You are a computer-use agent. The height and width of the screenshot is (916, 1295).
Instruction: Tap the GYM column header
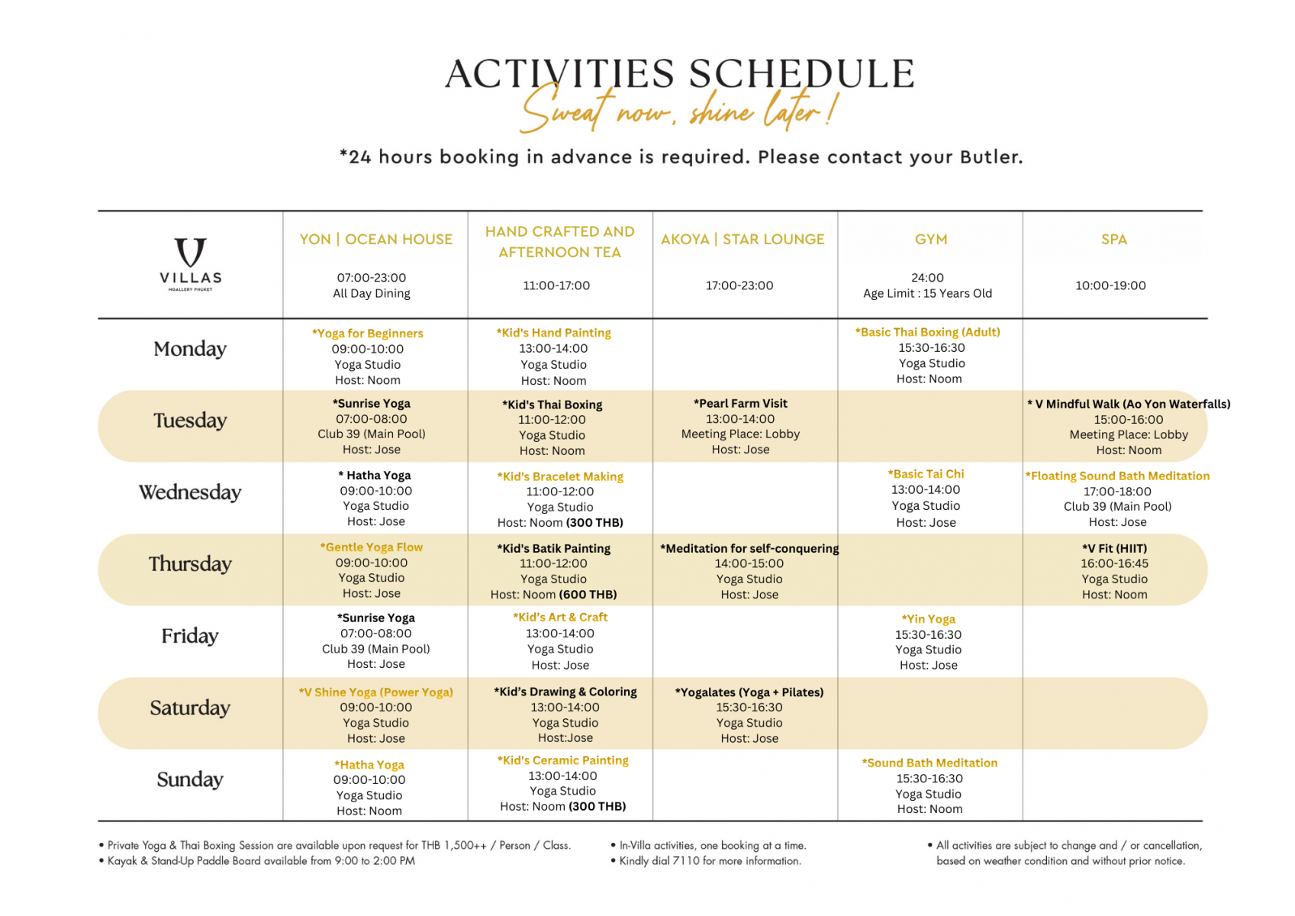(x=931, y=240)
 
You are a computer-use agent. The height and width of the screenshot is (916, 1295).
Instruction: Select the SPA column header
(x=1113, y=240)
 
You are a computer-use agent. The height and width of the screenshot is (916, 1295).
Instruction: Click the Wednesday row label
(x=190, y=492)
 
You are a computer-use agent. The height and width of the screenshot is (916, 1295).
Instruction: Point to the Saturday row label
(x=190, y=708)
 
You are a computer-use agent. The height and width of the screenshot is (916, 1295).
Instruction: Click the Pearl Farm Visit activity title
(x=740, y=404)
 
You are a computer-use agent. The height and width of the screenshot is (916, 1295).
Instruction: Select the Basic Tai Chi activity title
(x=926, y=474)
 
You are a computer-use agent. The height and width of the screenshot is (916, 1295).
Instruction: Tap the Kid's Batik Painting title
(x=553, y=549)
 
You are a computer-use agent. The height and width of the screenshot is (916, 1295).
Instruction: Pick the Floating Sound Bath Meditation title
(x=1117, y=476)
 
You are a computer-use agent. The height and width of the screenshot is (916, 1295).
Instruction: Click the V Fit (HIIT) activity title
(x=1114, y=549)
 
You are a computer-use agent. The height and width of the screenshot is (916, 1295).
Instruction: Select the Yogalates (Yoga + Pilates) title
(x=749, y=692)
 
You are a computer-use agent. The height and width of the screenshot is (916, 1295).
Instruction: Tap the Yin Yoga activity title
(x=928, y=619)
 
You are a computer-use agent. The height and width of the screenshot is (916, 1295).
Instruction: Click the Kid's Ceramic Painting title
(x=562, y=760)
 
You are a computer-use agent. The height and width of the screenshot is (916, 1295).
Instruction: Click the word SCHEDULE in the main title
(x=801, y=75)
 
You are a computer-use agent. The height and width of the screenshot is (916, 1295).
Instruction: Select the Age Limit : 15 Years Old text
(x=927, y=294)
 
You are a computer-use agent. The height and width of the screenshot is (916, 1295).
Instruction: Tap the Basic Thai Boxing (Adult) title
(x=927, y=332)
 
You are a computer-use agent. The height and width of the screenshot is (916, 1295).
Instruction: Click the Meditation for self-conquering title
(x=749, y=549)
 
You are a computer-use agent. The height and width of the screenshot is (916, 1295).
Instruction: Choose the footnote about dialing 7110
(x=710, y=861)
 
